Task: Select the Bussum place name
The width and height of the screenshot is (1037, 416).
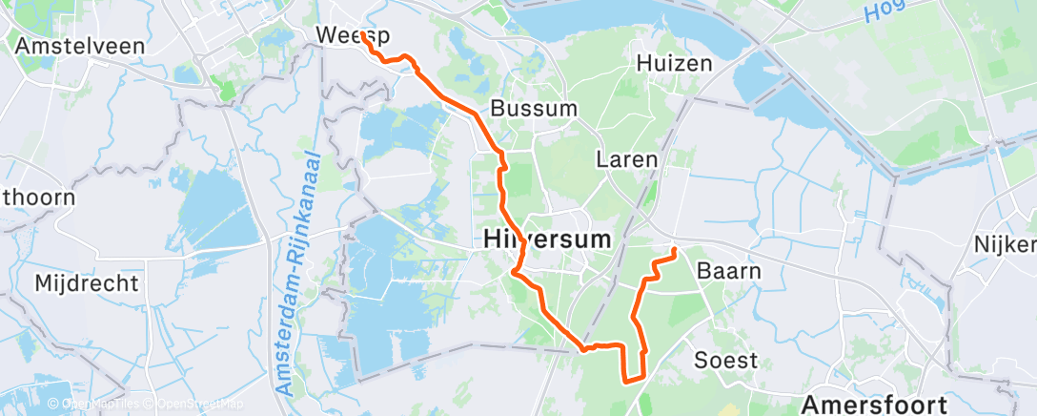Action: click(x=534, y=108)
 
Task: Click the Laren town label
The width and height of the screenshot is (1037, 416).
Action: click(x=627, y=158)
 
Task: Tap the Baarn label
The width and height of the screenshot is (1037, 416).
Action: click(x=729, y=270)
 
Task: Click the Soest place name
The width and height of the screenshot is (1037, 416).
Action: click(x=726, y=360)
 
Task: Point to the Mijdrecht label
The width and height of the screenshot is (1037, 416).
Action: click(x=87, y=282)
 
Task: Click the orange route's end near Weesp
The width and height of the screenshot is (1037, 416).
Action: click(x=363, y=36)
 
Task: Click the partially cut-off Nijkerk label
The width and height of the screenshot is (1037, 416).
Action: click(x=1005, y=244)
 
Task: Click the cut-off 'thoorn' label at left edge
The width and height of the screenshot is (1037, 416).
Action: click(x=25, y=198)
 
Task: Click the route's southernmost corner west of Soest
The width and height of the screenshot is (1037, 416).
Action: click(x=625, y=381)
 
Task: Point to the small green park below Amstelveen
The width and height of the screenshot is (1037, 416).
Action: click(x=226, y=90)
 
